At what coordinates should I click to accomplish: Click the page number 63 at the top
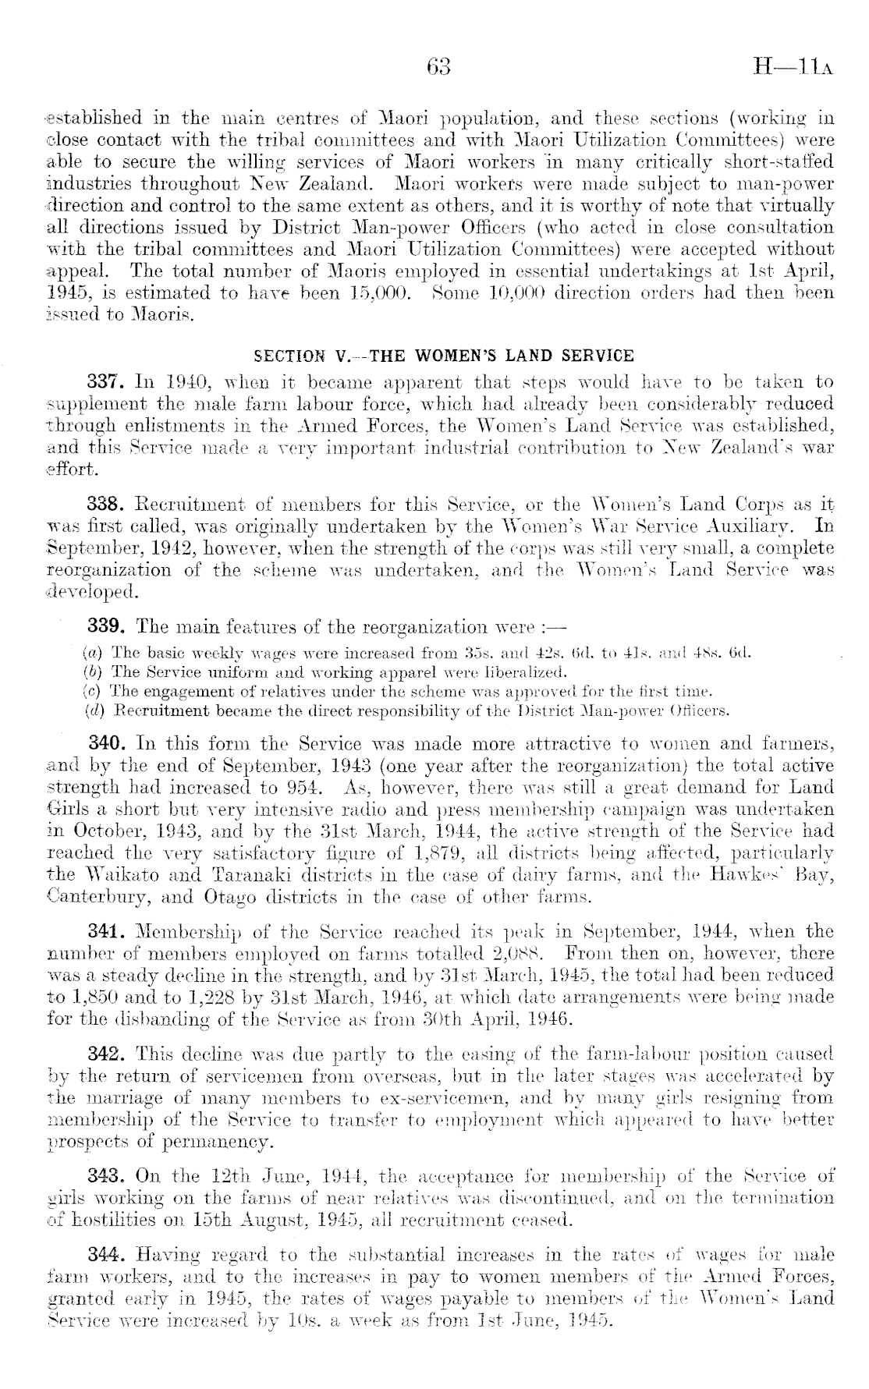439,67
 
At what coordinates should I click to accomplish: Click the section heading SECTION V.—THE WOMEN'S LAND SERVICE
445,356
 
